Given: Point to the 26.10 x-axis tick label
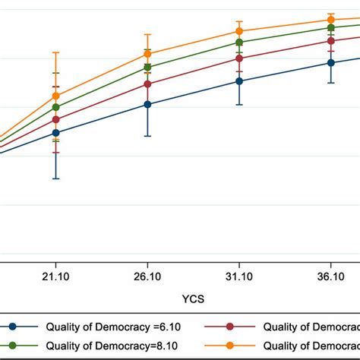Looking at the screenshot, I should [x=147, y=279].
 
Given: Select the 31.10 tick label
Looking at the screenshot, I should [x=239, y=279].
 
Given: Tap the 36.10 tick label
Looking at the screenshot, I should [x=331, y=279].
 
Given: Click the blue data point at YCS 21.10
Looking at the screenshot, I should [x=55, y=132].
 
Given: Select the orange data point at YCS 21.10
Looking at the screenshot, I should [x=55, y=96].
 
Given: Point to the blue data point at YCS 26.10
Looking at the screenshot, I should [x=147, y=105].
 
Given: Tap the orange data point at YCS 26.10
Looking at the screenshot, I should [x=147, y=55].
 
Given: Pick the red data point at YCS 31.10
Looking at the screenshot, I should [x=239, y=58].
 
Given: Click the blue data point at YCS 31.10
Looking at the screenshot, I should [x=239, y=81].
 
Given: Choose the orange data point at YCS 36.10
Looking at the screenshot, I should [x=331, y=20].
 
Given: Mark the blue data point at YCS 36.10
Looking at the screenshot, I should [x=331, y=62].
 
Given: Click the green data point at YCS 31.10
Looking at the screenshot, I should [x=239, y=43].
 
